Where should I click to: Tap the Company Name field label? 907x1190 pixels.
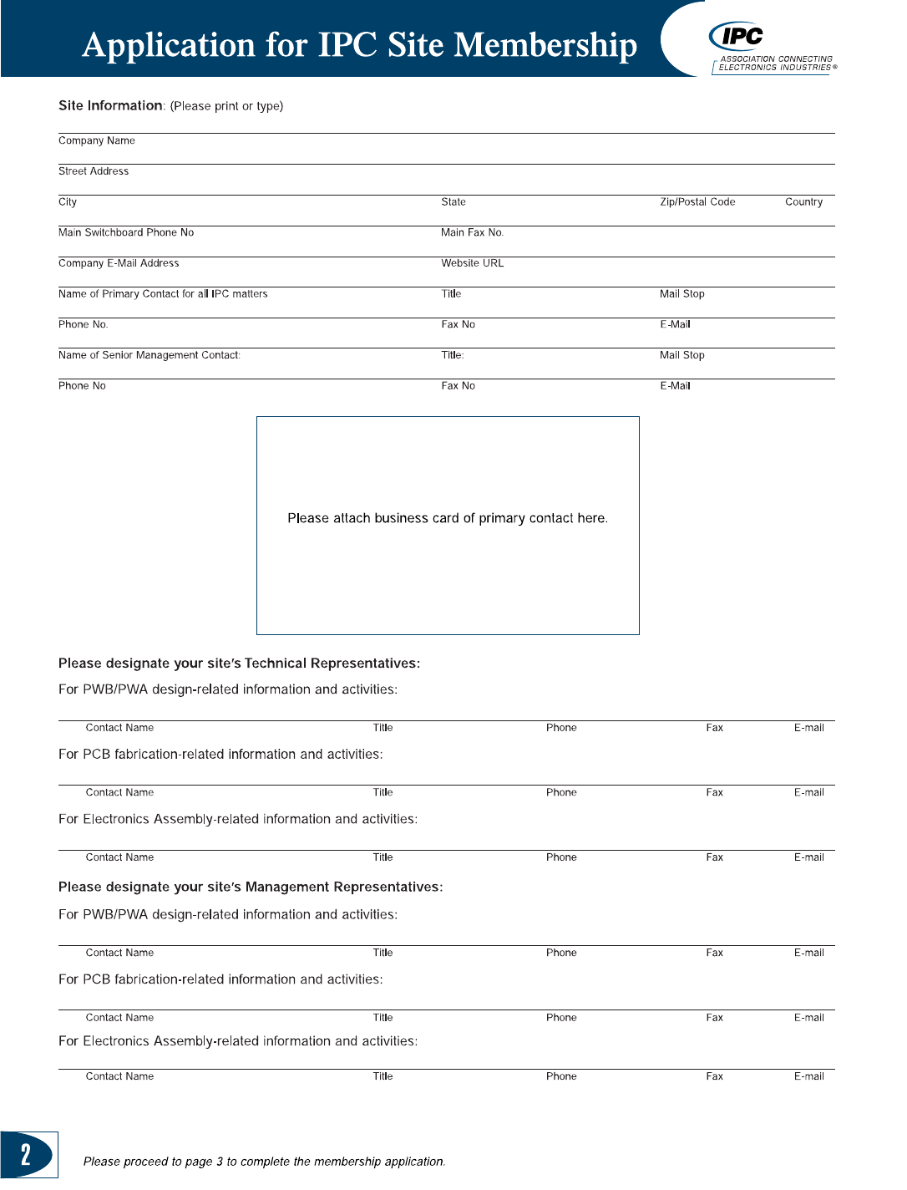pos(97,140)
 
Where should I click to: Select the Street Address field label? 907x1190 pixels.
pos(94,171)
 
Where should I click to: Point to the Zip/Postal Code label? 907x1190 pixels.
pos(697,202)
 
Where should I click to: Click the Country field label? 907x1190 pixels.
pos(803,202)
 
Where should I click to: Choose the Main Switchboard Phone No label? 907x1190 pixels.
pos(126,232)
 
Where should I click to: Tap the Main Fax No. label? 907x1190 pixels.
pos(473,232)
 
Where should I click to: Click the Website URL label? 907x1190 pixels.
pos(473,263)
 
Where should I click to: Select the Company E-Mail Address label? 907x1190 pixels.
pos(119,263)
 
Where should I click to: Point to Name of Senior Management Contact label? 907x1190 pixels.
pos(149,355)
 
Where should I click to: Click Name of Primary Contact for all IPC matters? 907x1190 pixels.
pos(163,294)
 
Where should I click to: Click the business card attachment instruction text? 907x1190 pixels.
pos(448,518)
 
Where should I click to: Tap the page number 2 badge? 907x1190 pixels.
pos(27,1154)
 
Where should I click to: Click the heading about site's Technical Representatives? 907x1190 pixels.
pos(239,664)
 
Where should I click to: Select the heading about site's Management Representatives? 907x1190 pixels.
pos(251,887)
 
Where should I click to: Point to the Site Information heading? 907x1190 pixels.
pos(110,105)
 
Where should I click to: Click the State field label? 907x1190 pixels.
pos(453,202)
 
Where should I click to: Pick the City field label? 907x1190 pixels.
pos(68,202)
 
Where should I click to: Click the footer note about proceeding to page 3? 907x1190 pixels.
pos(264,1162)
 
